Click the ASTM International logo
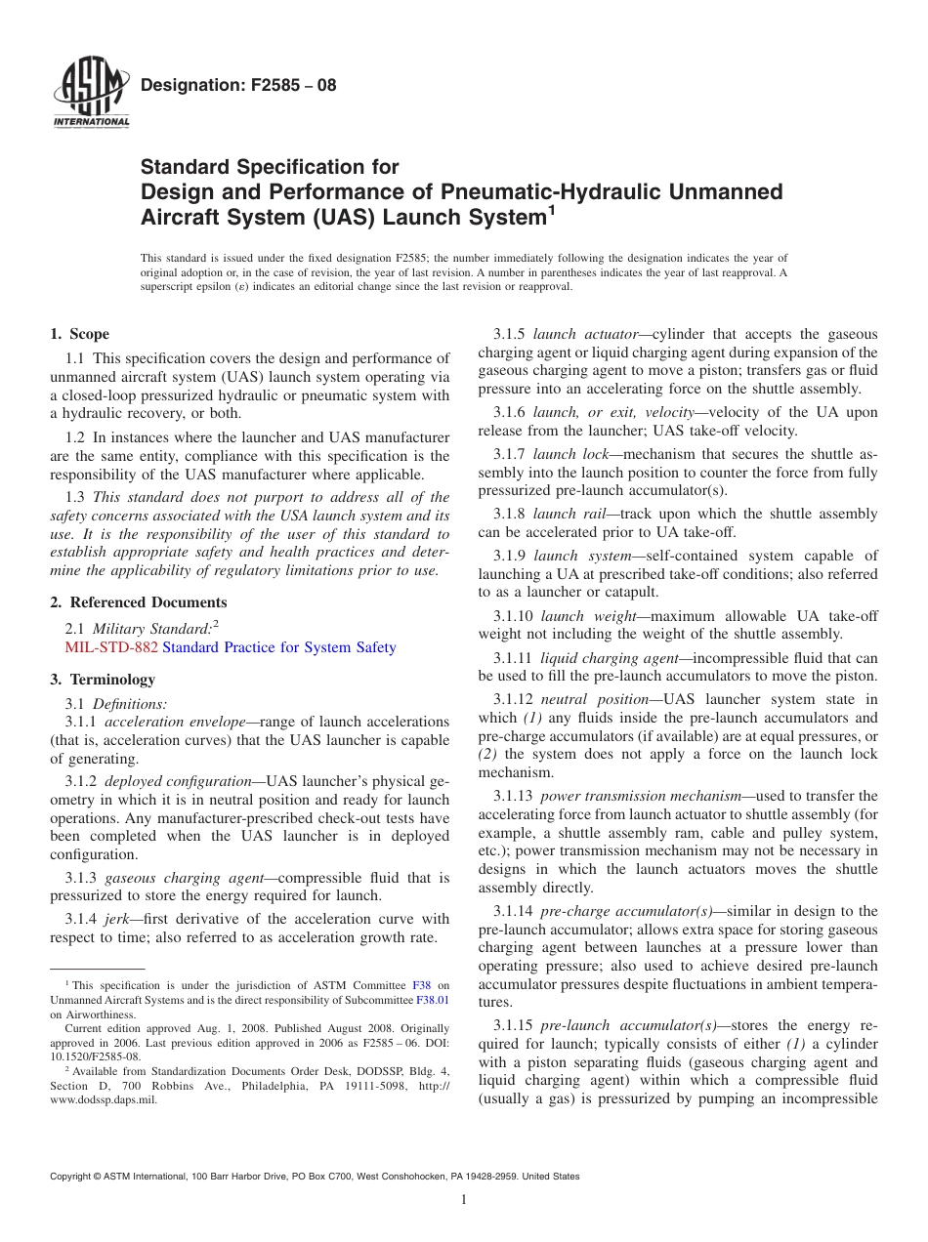[90, 96]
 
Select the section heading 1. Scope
[80, 334]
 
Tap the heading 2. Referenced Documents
[139, 602]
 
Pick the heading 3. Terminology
[103, 680]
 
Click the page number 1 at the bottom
[463, 1200]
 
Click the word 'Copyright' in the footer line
[72, 1177]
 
